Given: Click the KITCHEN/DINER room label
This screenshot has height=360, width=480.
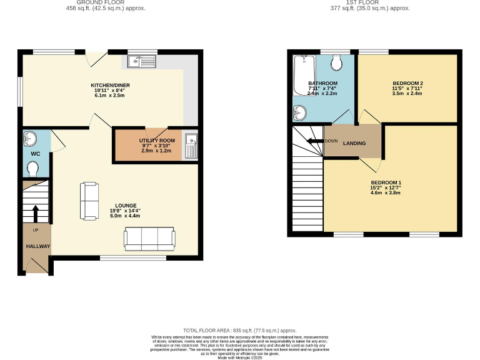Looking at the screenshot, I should (110, 85).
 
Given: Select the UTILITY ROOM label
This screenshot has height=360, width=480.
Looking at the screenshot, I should (157, 141).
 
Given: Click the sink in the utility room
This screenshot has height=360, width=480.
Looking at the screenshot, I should (191, 145).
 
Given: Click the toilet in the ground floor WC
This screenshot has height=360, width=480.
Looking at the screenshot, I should (33, 167).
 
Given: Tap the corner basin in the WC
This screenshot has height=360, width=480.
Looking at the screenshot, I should (29, 137).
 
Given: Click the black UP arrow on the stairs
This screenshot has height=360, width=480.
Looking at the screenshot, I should (36, 212).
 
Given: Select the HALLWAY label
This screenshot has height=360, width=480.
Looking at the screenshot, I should (37, 246).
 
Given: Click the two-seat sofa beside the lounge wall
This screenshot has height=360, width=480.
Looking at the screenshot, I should (89, 201).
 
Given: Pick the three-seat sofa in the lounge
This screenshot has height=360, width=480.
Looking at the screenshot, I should (149, 237).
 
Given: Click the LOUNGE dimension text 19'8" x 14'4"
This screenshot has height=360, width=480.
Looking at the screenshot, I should (125, 210).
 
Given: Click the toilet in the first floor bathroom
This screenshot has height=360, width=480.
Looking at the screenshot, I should (336, 62).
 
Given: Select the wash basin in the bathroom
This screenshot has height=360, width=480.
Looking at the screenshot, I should (300, 112).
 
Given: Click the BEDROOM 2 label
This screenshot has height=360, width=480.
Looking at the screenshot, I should (407, 83).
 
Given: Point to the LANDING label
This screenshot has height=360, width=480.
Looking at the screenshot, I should (354, 143).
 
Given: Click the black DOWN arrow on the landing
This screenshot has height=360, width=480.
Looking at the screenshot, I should (314, 141).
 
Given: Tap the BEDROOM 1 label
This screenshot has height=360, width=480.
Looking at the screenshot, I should (385, 182).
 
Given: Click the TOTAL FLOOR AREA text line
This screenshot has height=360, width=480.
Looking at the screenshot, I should (239, 330).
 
